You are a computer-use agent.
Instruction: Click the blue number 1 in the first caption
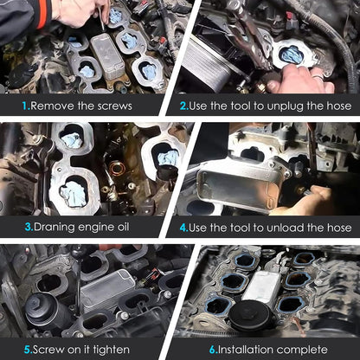(26, 106)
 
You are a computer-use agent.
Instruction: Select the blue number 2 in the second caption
(184, 106)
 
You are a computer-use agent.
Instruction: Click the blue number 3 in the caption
(29, 227)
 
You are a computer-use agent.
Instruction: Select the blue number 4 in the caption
(184, 228)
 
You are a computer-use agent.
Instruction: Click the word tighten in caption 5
(111, 350)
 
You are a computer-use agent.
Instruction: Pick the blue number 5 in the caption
(28, 350)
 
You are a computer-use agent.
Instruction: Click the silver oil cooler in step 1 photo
(107, 56)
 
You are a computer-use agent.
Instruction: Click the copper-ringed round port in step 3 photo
(118, 168)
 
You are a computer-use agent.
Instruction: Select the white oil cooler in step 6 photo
(262, 286)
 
